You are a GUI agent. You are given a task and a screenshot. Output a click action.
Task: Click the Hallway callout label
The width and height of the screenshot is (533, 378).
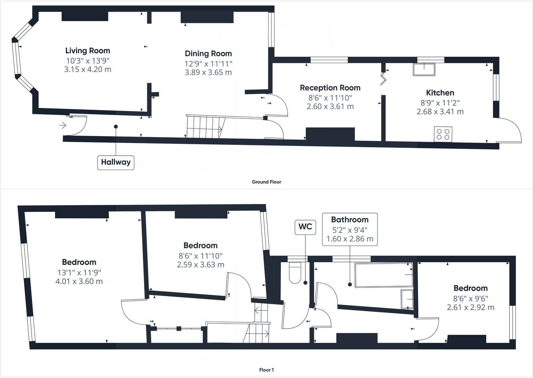click(116, 162)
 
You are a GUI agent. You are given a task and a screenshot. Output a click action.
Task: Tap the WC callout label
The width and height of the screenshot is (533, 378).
click(305, 227)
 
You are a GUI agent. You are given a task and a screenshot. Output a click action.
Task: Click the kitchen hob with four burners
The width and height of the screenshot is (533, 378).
click(443, 134)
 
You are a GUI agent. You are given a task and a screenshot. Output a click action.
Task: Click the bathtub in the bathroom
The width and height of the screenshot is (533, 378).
click(383, 275)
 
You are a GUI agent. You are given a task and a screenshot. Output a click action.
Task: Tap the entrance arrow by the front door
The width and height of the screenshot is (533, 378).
click(63, 125)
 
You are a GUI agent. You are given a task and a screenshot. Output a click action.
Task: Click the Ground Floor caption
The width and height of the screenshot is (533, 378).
click(266, 182)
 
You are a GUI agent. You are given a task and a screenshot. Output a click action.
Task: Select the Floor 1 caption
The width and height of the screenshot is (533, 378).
click(266, 370)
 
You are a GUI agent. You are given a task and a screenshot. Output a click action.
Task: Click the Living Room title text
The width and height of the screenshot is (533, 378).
click(87, 51)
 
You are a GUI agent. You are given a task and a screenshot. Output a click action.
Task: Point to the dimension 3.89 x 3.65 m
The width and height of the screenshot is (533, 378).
click(208, 72)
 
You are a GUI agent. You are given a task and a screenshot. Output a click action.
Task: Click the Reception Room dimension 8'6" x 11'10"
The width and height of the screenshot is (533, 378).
click(330, 98)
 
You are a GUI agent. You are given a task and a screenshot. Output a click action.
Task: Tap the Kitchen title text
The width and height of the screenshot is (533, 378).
click(440, 93)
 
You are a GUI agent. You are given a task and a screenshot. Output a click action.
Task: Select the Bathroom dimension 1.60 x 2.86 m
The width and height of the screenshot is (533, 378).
click(350, 239)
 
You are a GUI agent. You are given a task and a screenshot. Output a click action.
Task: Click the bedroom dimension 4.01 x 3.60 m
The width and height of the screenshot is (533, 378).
click(79, 281)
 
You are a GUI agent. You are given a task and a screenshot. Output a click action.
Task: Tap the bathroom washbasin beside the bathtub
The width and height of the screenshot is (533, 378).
click(407, 299)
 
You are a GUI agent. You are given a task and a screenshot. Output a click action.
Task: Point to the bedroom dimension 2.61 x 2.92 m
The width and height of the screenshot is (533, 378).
click(471, 307)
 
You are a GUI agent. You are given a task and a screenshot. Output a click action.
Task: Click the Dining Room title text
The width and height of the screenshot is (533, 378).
click(208, 54)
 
